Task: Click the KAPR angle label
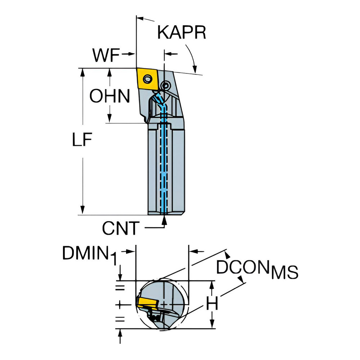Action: (181, 32)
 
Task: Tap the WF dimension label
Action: (106, 55)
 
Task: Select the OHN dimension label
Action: (110, 96)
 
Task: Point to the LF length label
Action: (82, 139)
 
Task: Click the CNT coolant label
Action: (121, 228)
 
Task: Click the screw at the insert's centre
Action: (147, 79)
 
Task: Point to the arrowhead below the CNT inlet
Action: (164, 220)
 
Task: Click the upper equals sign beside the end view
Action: (120, 288)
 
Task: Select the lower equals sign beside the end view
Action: (120, 319)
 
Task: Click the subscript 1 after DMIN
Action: (114, 259)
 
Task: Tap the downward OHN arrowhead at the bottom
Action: (110, 118)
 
